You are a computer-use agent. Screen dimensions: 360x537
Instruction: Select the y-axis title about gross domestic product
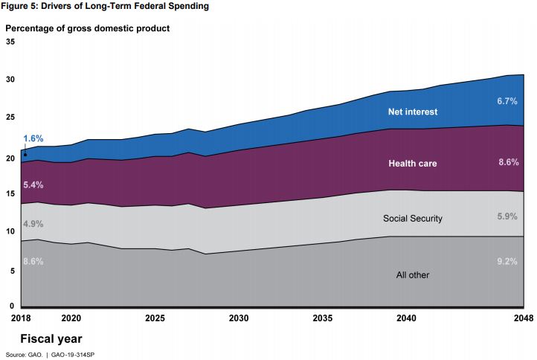88,28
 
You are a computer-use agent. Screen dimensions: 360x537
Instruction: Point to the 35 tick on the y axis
10,42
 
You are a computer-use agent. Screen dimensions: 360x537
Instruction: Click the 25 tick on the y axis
10,118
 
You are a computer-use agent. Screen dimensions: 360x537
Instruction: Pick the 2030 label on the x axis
239,318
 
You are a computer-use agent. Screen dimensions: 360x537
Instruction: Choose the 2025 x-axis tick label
155,318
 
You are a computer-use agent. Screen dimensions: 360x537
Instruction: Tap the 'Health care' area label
412,163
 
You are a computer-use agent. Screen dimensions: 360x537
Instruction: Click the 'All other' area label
413,275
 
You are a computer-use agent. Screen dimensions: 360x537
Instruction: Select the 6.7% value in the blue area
507,100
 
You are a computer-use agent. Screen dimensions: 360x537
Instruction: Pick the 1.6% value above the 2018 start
33,138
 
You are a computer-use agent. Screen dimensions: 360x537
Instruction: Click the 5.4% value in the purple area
33,184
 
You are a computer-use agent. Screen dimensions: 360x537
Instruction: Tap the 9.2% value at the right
507,262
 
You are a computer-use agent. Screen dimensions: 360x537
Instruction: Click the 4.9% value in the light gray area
33,222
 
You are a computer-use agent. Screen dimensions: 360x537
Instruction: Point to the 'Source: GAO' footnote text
50,355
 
